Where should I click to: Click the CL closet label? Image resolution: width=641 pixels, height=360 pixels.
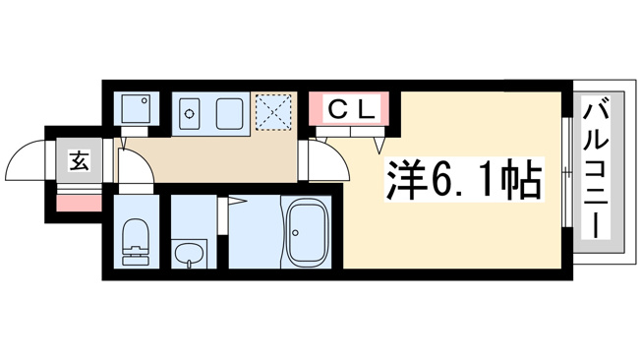click(352, 109)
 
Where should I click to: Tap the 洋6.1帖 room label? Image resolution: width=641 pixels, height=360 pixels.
click(464, 179)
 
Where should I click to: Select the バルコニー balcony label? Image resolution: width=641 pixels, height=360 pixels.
click(597, 168)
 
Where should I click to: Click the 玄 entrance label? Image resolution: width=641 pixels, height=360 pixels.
click(80, 160)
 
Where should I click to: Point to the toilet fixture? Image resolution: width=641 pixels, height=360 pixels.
click(135, 242)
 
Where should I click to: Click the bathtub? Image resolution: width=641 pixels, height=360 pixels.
click(307, 232)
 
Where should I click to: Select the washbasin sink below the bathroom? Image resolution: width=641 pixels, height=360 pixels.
click(189, 255)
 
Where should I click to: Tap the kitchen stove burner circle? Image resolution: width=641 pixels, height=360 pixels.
click(189, 114)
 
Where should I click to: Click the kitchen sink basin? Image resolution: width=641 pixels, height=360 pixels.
click(230, 114)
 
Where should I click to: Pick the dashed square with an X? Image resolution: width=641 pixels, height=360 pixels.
click(273, 112)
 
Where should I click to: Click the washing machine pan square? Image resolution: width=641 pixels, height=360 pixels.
click(136, 108)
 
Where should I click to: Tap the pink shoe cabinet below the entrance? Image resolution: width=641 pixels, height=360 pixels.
click(79, 204)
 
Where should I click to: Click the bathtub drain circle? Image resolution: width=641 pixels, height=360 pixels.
click(295, 233)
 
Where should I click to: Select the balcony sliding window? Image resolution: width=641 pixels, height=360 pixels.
click(566, 172)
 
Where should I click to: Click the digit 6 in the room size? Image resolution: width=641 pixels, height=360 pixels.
click(441, 179)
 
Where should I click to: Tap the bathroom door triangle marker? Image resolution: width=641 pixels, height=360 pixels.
click(237, 201)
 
